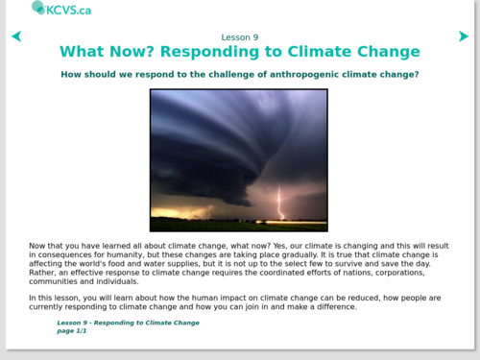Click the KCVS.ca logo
(x=61, y=9)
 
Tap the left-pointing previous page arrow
(x=16, y=36)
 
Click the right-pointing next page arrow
(x=464, y=36)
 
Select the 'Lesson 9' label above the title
(x=240, y=37)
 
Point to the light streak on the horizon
(x=291, y=222)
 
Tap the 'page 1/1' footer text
(x=72, y=331)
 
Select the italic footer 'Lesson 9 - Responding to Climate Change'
(x=128, y=323)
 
